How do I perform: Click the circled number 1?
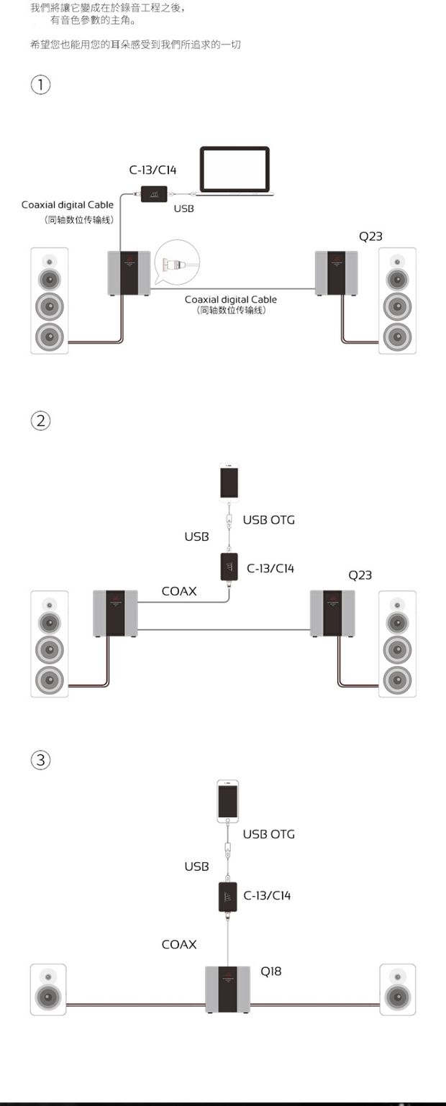pos(40,84)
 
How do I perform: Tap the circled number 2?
pos(40,421)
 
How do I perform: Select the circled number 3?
pos(40,759)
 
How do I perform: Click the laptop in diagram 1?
pos(235,170)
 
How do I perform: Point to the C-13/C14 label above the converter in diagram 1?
pos(153,170)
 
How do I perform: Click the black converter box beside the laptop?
pos(154,193)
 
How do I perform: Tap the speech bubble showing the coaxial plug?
pos(177,262)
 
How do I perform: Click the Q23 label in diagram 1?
pos(370,237)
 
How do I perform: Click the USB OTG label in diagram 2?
pos(269,520)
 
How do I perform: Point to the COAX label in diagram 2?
pos(179,591)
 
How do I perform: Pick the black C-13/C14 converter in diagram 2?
pos(229,567)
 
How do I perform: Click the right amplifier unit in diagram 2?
pos(332,613)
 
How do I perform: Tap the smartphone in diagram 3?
pos(228,801)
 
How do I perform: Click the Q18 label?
pos(270,972)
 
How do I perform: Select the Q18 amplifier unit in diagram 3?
pos(228,990)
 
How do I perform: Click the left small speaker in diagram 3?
pos(48,990)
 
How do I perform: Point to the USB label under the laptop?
pos(183,209)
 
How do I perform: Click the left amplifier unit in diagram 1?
pos(129,273)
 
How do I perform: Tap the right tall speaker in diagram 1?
pos(398,301)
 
